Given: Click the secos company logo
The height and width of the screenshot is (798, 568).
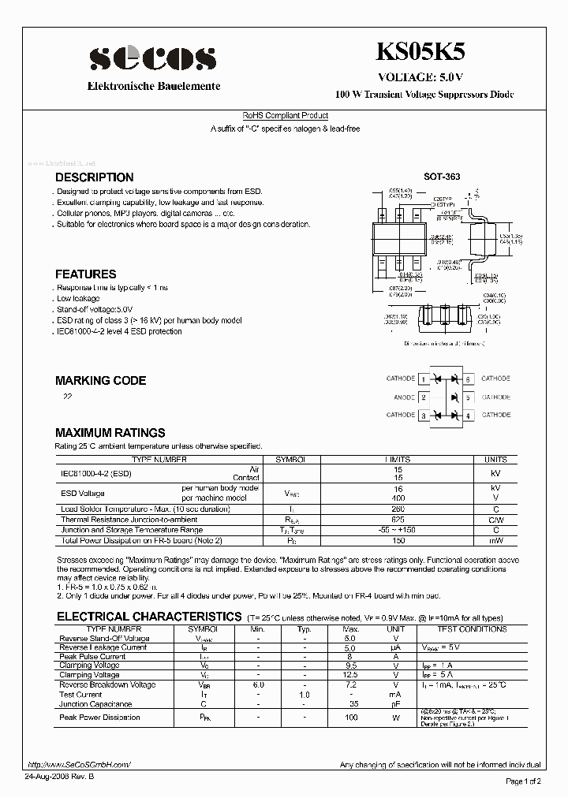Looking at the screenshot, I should (151, 58).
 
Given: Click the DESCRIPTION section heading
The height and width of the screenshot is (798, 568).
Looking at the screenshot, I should (94, 177).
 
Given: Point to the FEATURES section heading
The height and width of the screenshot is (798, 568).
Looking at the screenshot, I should (85, 274).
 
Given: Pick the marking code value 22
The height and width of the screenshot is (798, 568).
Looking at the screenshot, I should (68, 397).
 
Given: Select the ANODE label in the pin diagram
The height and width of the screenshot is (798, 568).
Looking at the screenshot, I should (403, 397).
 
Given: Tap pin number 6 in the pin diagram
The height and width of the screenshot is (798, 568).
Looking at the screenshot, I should (469, 379).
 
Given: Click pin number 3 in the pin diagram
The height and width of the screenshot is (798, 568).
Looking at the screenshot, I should (424, 416).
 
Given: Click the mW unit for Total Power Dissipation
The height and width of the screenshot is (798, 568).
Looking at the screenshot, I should (495, 540).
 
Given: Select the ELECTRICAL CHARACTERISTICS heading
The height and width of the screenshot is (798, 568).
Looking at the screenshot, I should (148, 616).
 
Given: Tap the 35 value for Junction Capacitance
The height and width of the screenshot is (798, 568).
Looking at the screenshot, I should (353, 703).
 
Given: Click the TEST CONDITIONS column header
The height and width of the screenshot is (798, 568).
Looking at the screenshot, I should (472, 629).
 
